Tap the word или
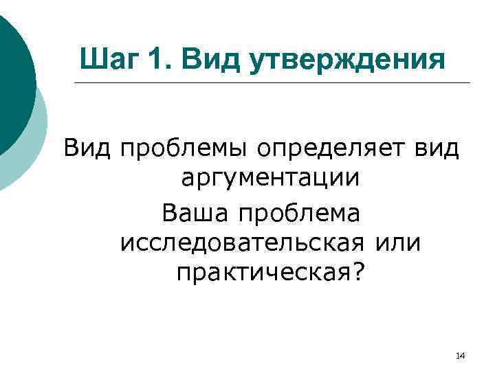(398, 244)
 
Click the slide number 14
(460, 355)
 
